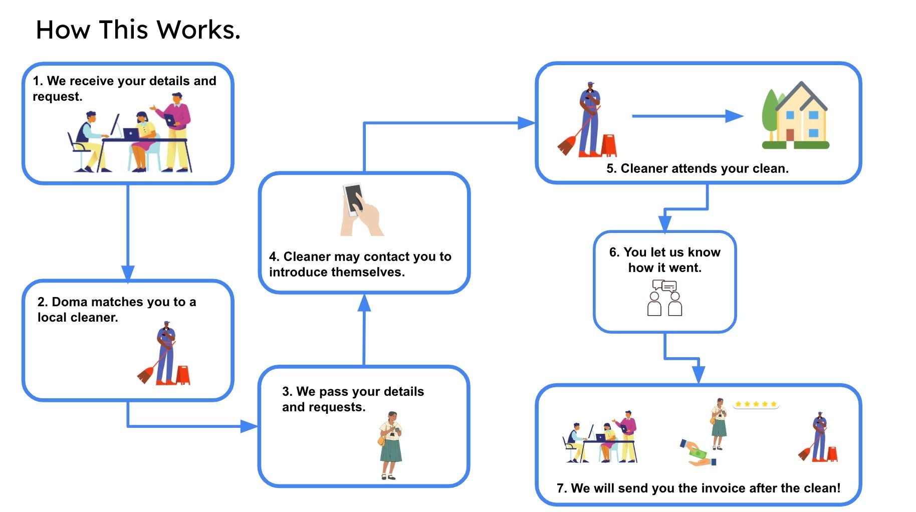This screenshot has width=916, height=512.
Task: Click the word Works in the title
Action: tap(198, 30)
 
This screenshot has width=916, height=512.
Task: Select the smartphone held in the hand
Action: tap(354, 199)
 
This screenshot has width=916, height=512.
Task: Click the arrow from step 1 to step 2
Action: tap(128, 230)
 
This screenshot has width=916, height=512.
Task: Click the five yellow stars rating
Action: tap(756, 404)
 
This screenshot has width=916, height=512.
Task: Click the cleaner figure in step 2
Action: tap(165, 353)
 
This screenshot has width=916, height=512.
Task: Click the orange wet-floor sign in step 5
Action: tap(609, 145)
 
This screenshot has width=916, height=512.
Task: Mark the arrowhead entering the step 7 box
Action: tap(699, 375)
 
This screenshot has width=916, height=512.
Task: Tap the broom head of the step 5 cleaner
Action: tap(567, 146)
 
